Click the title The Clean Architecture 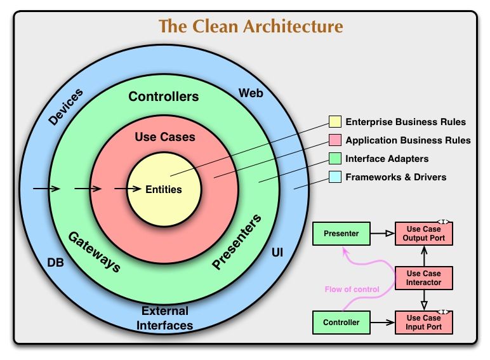pos(251,27)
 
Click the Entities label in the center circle pos(164,189)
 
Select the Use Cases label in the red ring pos(165,137)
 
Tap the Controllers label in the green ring pos(164,97)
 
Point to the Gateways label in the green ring pos(94,251)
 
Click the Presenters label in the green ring pos(237,243)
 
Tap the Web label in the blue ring pos(251,93)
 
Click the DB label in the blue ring pos(55,262)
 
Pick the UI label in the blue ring pos(277,253)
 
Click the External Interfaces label pos(165,318)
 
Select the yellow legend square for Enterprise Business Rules pos(334,122)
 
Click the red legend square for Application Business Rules pos(334,140)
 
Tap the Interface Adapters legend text pos(387,159)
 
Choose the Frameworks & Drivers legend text pos(395,177)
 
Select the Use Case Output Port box pos(424,234)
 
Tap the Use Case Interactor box pos(424,277)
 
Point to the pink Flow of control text pos(352,290)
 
